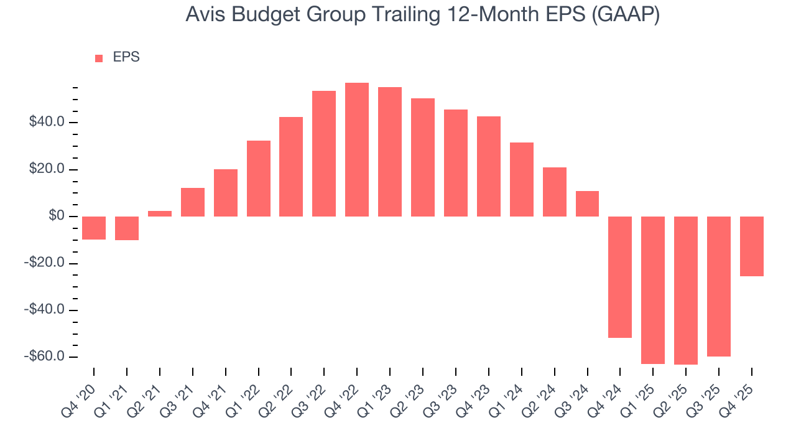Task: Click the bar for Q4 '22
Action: pyautogui.click(x=357, y=149)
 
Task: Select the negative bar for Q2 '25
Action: pyautogui.click(x=686, y=290)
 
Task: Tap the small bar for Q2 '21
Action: pyautogui.click(x=160, y=213)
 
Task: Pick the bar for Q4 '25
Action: pyautogui.click(x=752, y=246)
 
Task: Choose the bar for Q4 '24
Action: pyautogui.click(x=620, y=277)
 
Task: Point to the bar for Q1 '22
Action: pyautogui.click(x=259, y=179)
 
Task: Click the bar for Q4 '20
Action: pyautogui.click(x=94, y=228)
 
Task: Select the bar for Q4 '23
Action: pyautogui.click(x=489, y=166)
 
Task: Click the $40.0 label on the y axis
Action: pyautogui.click(x=47, y=122)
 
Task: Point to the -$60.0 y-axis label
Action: pyautogui.click(x=45, y=357)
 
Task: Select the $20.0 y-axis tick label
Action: pyautogui.click(x=47, y=169)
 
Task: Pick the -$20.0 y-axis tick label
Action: pyautogui.click(x=45, y=263)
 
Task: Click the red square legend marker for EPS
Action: pyautogui.click(x=99, y=58)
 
